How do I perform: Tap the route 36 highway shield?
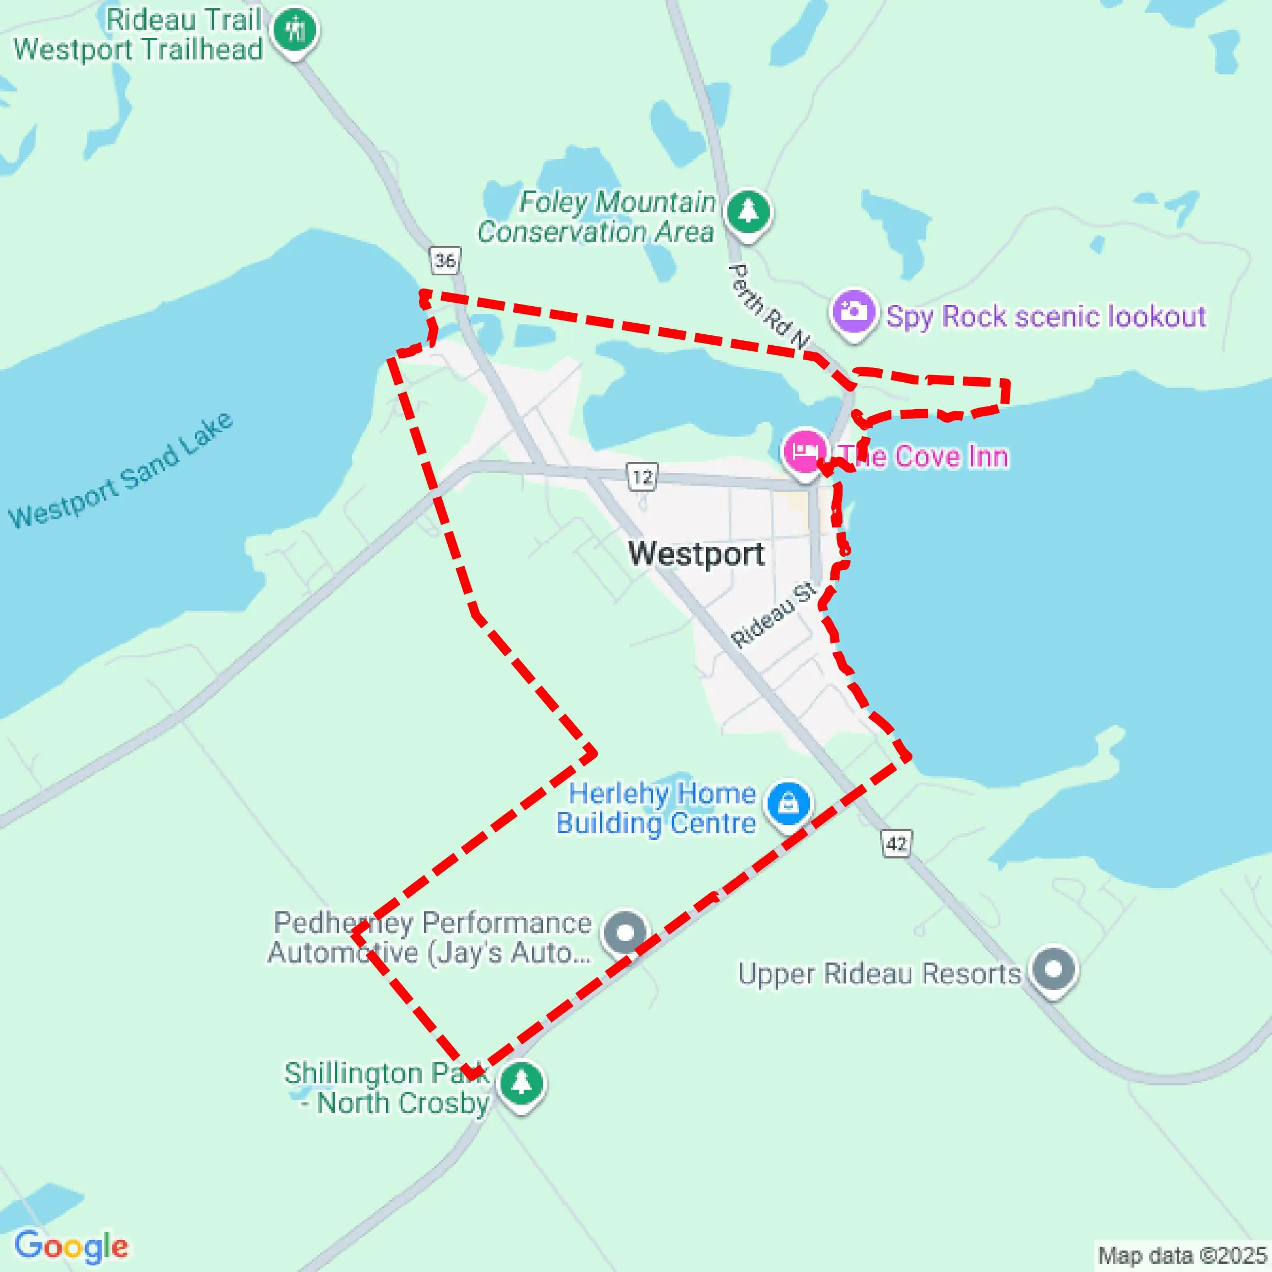(445, 260)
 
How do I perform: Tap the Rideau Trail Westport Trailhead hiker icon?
(296, 30)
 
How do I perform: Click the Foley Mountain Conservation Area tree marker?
(748, 212)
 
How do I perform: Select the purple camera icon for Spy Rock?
(854, 311)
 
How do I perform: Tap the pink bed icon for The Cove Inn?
(804, 452)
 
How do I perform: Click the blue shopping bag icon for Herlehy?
(788, 803)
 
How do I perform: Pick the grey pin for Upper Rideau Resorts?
(1054, 969)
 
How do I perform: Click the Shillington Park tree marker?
(521, 1083)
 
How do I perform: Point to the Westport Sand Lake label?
(121, 471)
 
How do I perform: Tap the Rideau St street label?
(774, 615)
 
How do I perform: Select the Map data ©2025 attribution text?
(1182, 1255)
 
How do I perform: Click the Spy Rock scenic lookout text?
(1046, 317)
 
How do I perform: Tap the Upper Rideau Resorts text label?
(879, 974)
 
